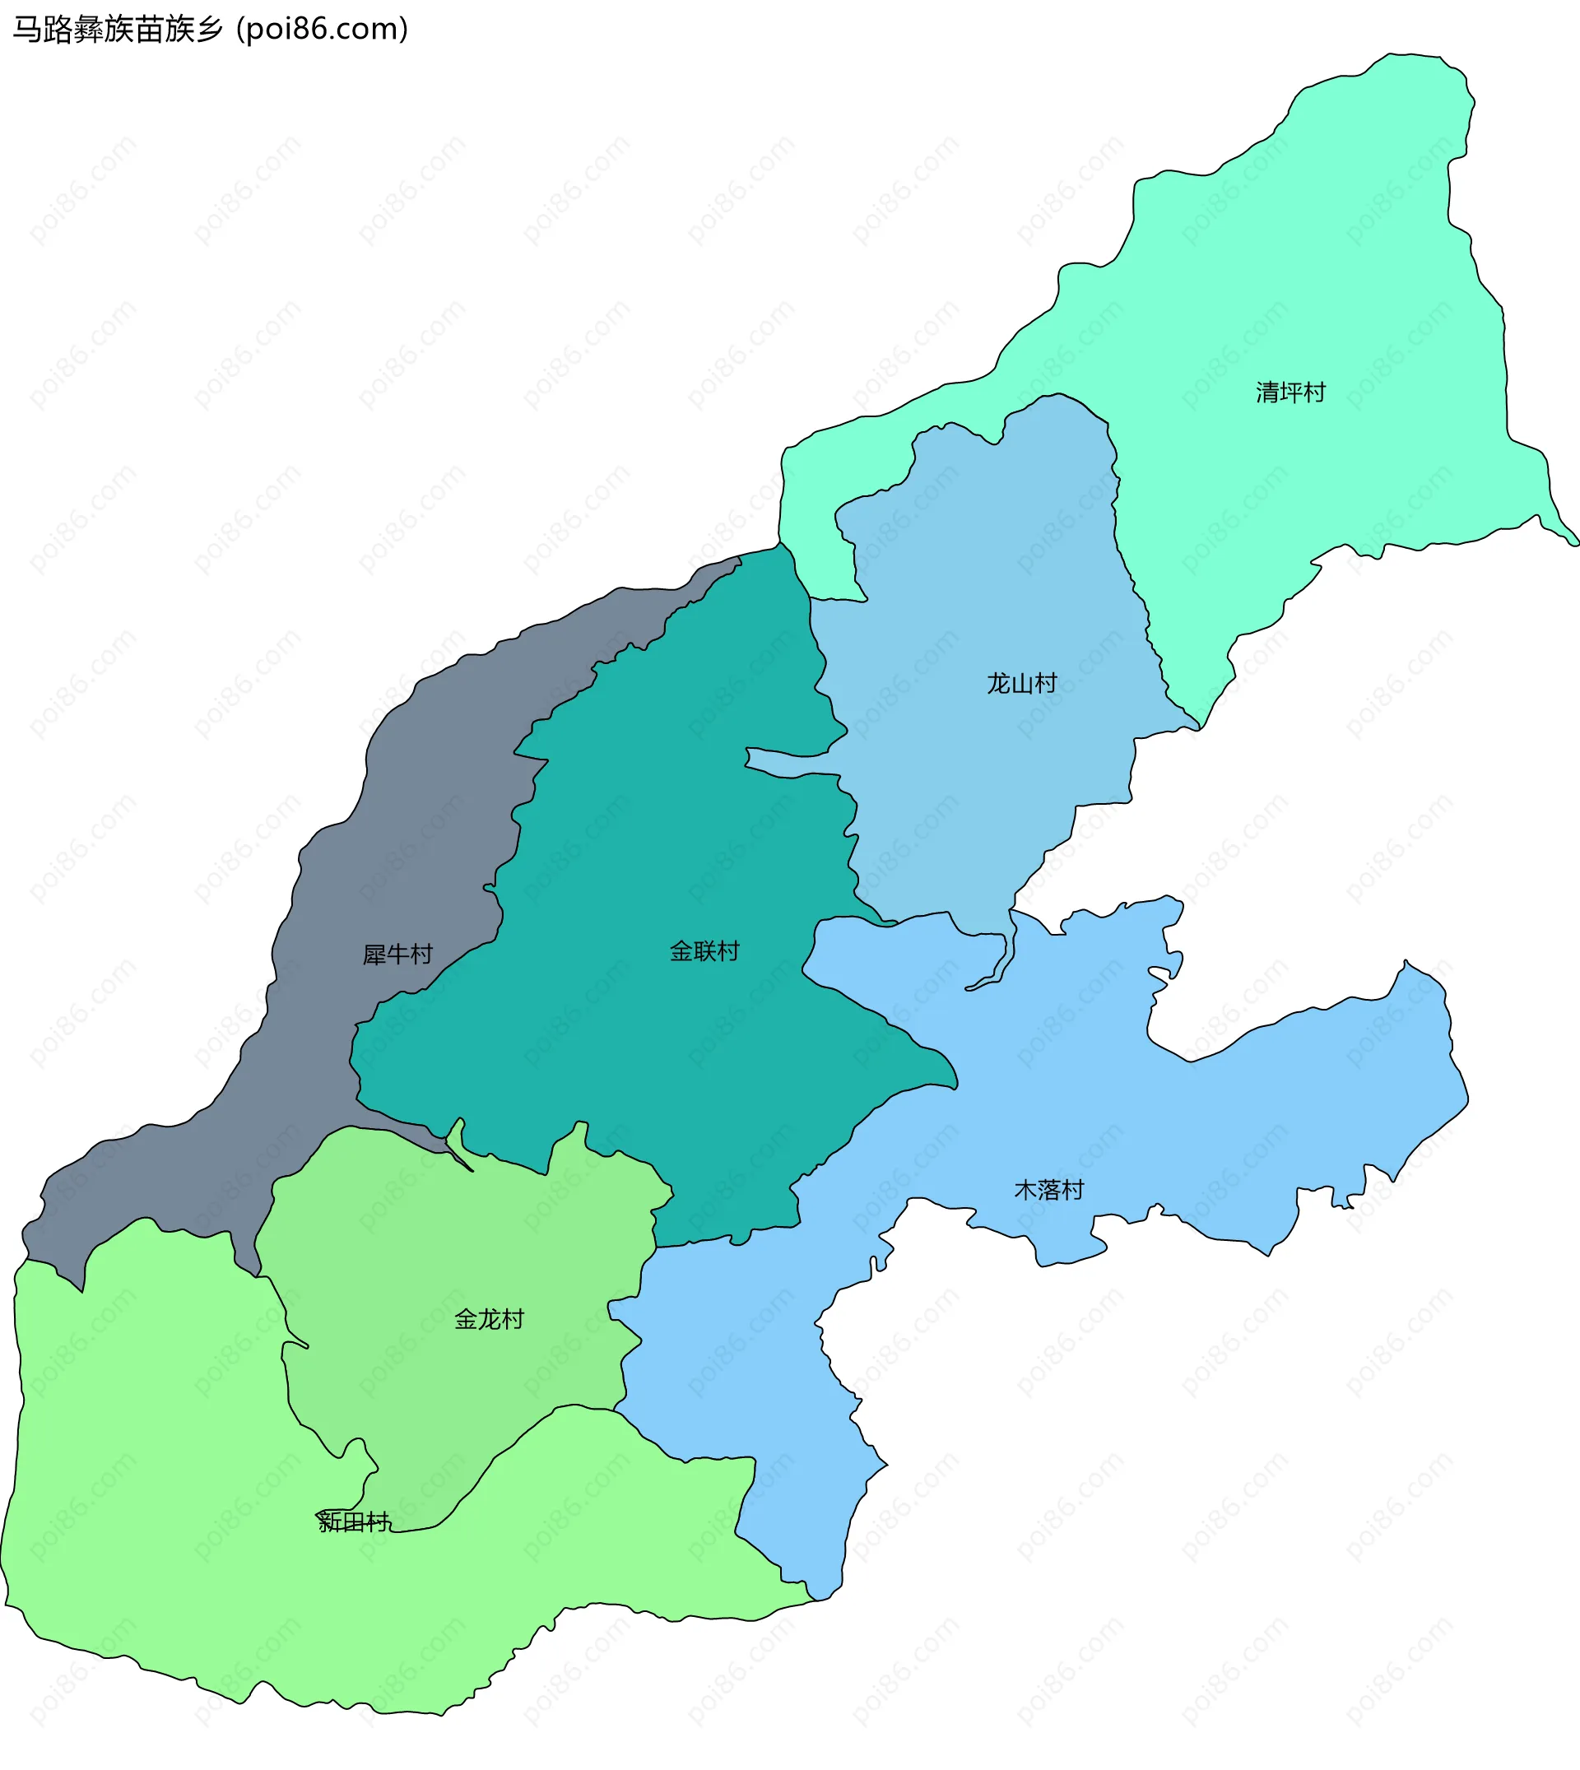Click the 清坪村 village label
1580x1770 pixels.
pyautogui.click(x=1290, y=393)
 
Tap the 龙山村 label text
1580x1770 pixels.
pyautogui.click(x=1022, y=683)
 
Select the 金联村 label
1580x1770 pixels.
pyautogui.click(x=704, y=951)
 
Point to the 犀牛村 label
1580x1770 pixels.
pyautogui.click(x=397, y=955)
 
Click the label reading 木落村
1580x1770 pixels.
pyautogui.click(x=1048, y=1189)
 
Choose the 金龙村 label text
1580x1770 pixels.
pyautogui.click(x=489, y=1319)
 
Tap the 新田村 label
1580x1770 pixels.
pyautogui.click(x=354, y=1521)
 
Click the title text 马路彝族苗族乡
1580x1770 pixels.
pyautogui.click(x=118, y=30)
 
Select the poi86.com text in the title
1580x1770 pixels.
pyautogui.click(x=322, y=30)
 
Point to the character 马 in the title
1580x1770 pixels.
pyautogui.click(x=26, y=30)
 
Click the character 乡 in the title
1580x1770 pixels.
pyautogui.click(x=211, y=30)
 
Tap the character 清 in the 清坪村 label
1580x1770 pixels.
pyautogui.click(x=1266, y=393)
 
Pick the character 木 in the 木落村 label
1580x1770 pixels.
pyautogui.click(x=1025, y=1189)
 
